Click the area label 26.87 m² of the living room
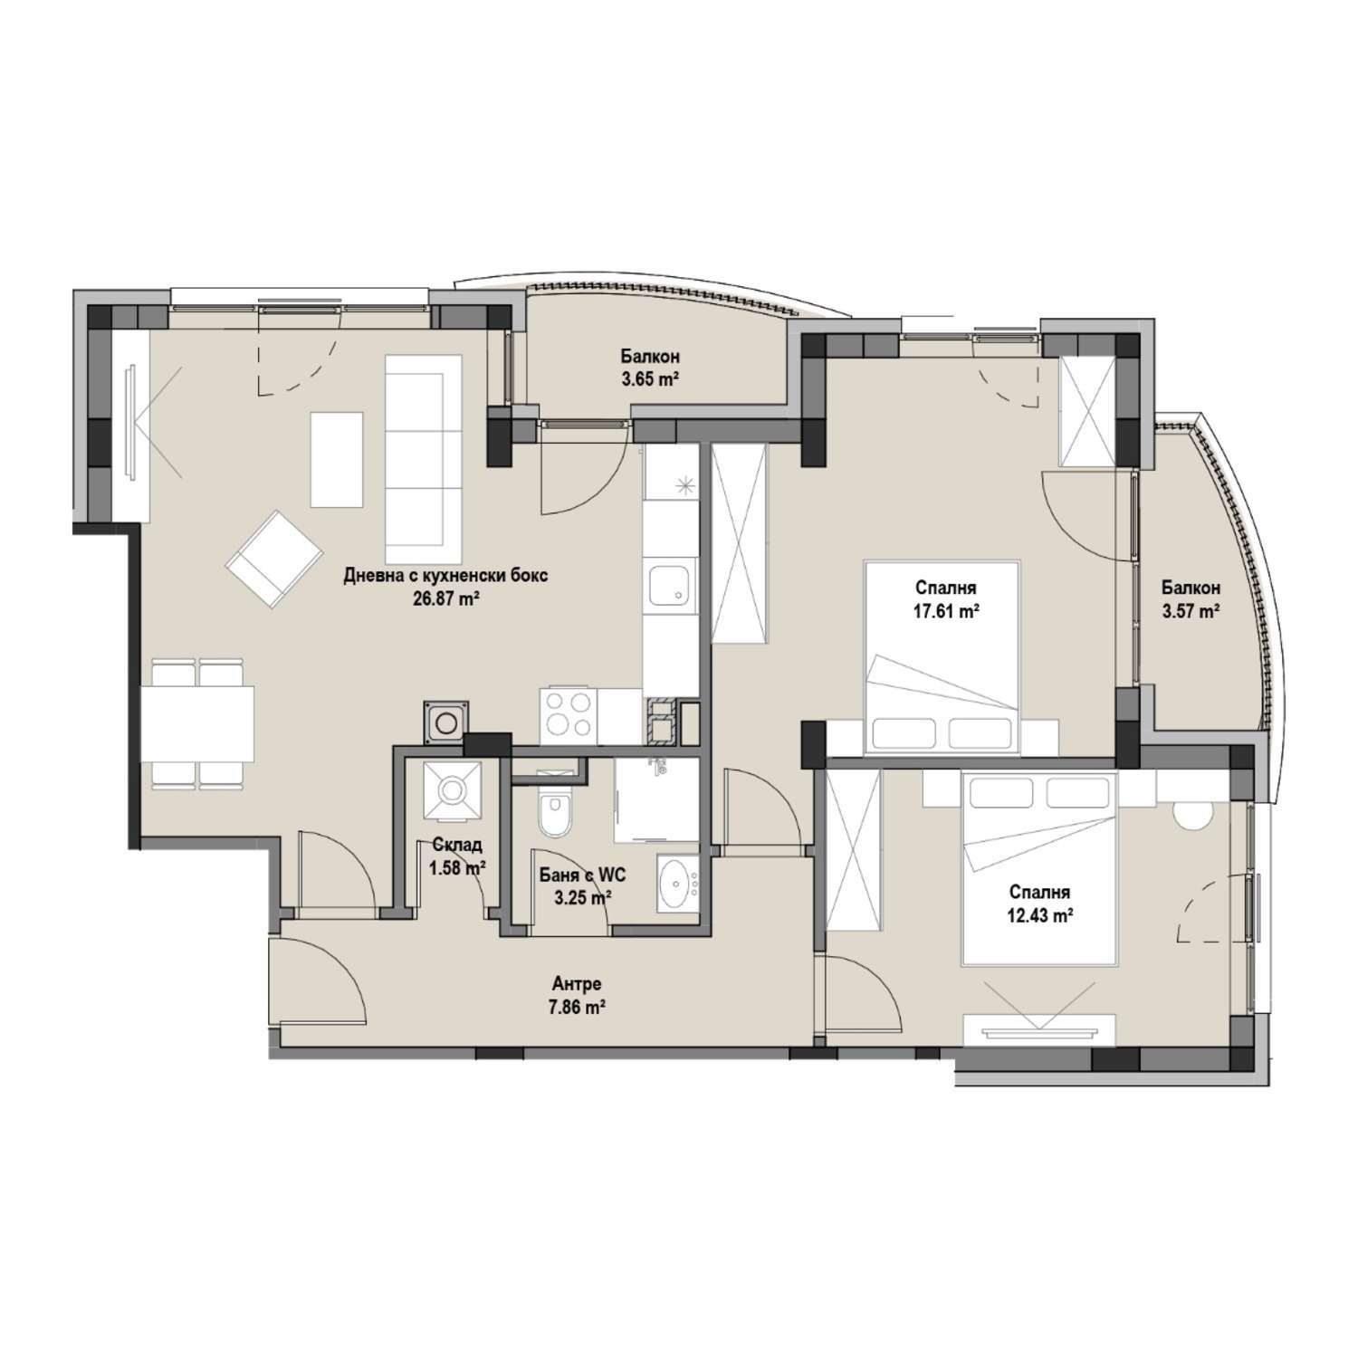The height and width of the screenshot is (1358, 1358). click(445, 598)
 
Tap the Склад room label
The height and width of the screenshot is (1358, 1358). click(455, 845)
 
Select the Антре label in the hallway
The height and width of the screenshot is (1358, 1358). click(577, 984)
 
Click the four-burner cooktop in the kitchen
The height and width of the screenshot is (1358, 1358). click(568, 716)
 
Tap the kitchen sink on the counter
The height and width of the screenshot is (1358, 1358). click(670, 588)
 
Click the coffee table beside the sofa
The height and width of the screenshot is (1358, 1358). click(337, 460)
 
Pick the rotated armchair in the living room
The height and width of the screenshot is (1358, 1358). click(274, 559)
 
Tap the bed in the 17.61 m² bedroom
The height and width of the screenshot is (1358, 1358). click(942, 657)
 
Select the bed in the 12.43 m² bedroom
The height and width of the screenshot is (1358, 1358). click(1038, 866)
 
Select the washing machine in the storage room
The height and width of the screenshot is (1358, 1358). click(451, 791)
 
